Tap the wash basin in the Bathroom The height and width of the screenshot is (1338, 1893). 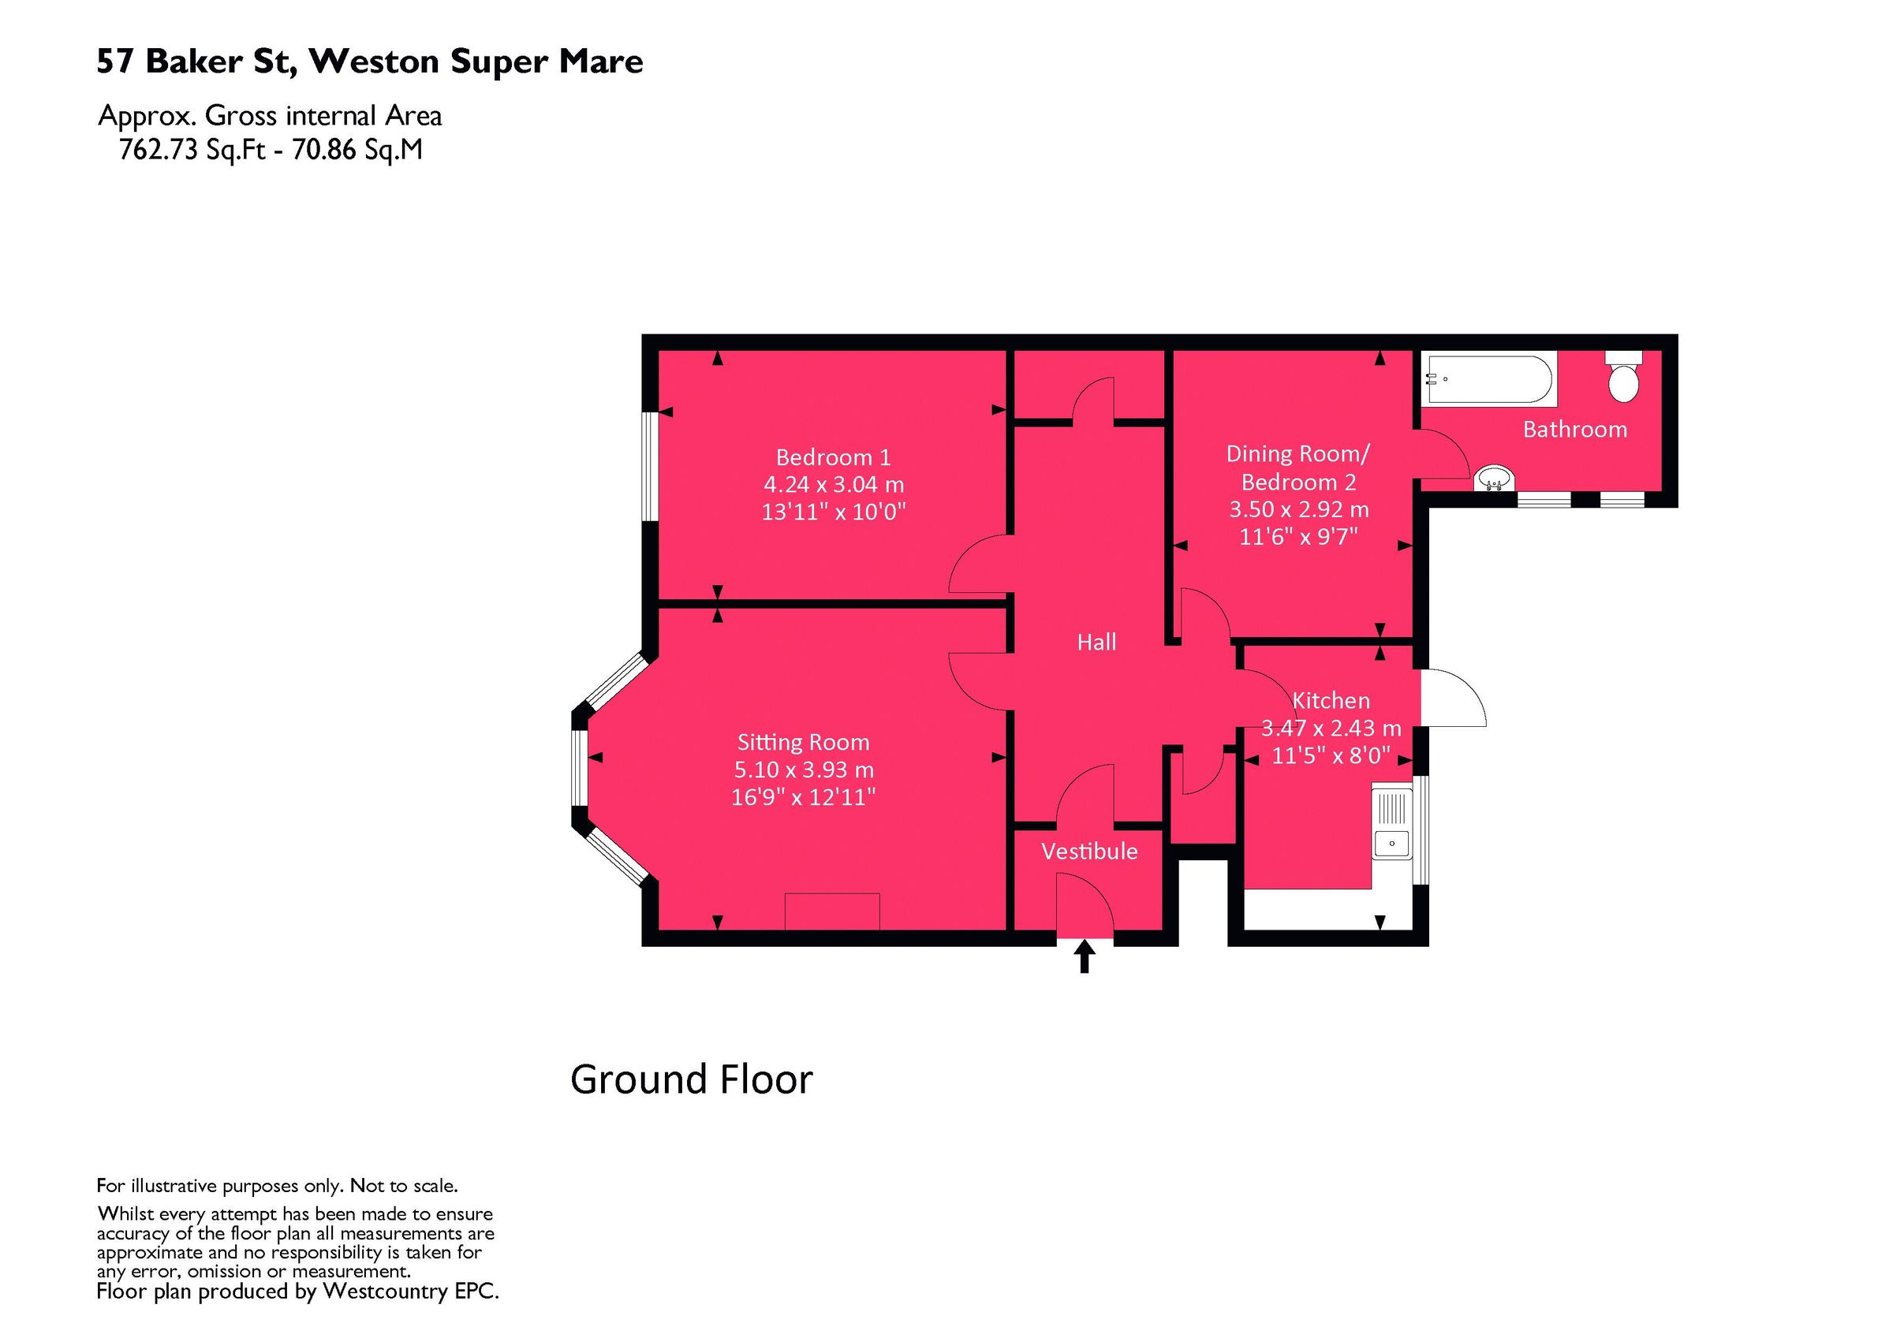tap(1493, 477)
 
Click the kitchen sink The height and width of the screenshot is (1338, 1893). tap(1391, 826)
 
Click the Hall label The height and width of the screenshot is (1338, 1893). tap(1096, 643)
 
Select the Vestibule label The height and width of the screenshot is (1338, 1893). tap(1088, 851)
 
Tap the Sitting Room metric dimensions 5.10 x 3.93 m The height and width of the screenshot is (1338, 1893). tap(803, 770)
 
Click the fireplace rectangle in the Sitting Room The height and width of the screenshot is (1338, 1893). tap(832, 911)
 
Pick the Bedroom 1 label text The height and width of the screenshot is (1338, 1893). tap(833, 457)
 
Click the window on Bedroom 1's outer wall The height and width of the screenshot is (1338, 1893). tap(650, 467)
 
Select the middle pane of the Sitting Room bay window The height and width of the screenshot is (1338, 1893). tap(581, 766)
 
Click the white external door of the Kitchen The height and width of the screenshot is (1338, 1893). tap(1455, 698)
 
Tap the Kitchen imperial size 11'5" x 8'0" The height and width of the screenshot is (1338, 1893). tap(1330, 755)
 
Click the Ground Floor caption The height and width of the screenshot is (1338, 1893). tap(691, 1079)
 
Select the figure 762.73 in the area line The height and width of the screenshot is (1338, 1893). tap(159, 150)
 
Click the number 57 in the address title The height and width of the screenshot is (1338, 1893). tap(114, 61)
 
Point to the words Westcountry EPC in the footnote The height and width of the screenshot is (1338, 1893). tap(410, 1291)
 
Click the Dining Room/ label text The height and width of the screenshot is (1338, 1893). tap(1297, 453)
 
